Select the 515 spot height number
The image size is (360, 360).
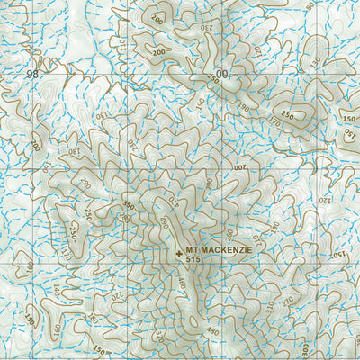click(x=196, y=259)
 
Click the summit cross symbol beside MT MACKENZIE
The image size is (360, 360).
click(x=179, y=254)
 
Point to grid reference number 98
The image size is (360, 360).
click(x=33, y=73)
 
